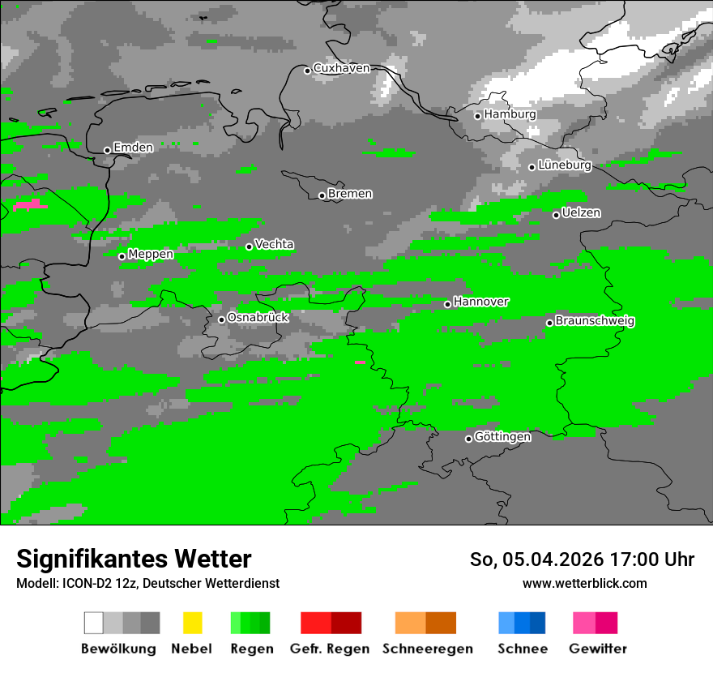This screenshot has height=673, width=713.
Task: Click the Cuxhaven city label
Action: point(341,69)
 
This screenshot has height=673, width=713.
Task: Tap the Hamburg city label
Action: point(510,114)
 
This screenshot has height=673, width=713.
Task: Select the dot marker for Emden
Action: point(107,150)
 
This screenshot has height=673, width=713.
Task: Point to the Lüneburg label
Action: point(565,165)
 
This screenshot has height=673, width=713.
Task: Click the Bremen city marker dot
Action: point(322,195)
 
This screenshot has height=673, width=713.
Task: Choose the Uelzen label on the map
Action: point(581,213)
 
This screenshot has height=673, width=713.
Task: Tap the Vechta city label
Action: point(274,245)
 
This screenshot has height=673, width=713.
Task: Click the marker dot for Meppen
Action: point(122,256)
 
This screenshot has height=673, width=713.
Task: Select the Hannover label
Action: point(480,302)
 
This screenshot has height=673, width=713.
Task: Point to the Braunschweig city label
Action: point(595,321)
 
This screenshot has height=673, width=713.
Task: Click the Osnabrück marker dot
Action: point(221,319)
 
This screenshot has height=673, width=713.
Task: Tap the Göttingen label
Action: point(502,437)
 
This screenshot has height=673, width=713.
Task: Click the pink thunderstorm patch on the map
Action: point(28,205)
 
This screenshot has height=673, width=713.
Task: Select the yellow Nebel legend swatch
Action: point(192,623)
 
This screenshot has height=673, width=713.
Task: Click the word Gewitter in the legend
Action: point(598,649)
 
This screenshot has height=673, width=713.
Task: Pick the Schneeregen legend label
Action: point(427,649)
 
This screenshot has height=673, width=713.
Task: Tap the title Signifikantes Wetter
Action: point(134,559)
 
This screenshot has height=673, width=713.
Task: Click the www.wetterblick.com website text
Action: point(584,584)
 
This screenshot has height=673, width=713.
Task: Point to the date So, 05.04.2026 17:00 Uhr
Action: point(582,559)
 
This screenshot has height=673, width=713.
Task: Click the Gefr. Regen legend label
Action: point(329,649)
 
